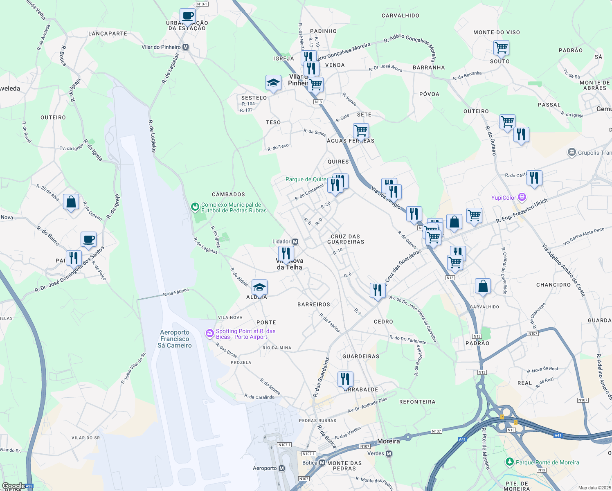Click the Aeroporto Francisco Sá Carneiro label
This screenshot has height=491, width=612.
175,339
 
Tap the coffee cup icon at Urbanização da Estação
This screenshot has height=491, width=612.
187,16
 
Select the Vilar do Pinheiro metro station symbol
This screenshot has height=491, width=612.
186,47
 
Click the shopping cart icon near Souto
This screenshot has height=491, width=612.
501,48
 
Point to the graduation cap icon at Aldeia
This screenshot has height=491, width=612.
259,287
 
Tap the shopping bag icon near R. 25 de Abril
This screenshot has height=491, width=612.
71,202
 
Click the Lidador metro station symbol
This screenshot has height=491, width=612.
295,242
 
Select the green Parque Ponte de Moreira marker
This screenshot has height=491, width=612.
509,462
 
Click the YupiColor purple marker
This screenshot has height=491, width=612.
522,198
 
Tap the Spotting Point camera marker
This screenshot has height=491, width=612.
210,334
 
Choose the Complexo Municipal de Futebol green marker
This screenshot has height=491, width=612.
196,207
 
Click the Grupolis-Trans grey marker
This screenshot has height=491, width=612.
572,153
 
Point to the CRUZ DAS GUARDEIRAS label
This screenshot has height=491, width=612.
345,239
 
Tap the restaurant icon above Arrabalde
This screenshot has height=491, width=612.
345,379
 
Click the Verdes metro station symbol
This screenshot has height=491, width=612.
389,453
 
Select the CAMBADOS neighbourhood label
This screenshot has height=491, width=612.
228,194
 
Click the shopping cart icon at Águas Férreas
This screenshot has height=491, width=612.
361,131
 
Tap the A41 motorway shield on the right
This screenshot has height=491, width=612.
558,435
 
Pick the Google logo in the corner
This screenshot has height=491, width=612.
13,486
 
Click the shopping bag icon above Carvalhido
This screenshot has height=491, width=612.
483,286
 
